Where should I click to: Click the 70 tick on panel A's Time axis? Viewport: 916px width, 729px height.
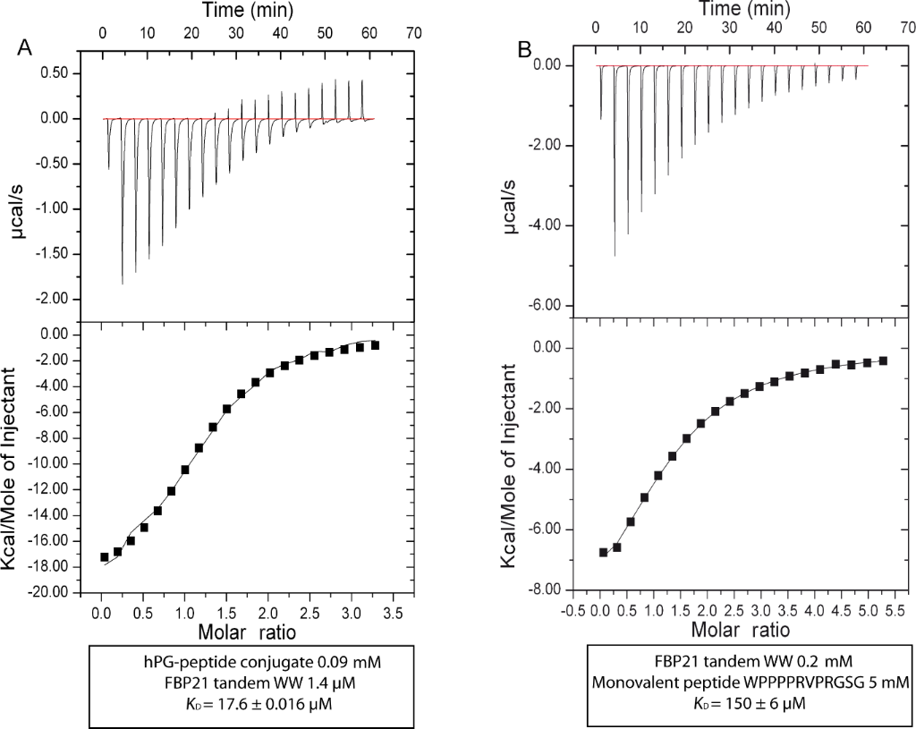(x=412, y=30)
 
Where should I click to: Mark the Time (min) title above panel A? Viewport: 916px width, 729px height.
(x=242, y=10)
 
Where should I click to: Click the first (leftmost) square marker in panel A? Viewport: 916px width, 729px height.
(x=105, y=557)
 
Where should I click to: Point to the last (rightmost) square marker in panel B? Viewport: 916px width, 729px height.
(x=883, y=360)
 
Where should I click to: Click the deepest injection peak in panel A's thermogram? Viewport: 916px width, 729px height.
(x=123, y=283)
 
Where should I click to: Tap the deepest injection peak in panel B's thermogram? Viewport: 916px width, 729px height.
(x=615, y=255)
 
